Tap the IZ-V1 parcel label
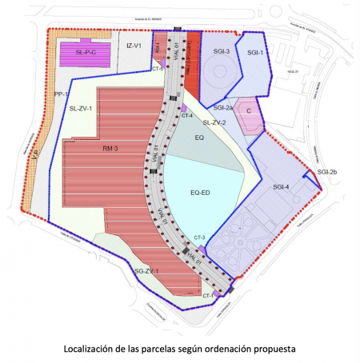point(133,46)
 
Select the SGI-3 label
point(222,53)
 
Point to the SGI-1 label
point(254,53)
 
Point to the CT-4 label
point(187,116)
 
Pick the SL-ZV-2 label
point(214,123)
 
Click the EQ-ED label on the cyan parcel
point(200,193)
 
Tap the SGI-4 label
point(281,187)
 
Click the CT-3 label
point(199,238)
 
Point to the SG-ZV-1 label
point(146,272)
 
